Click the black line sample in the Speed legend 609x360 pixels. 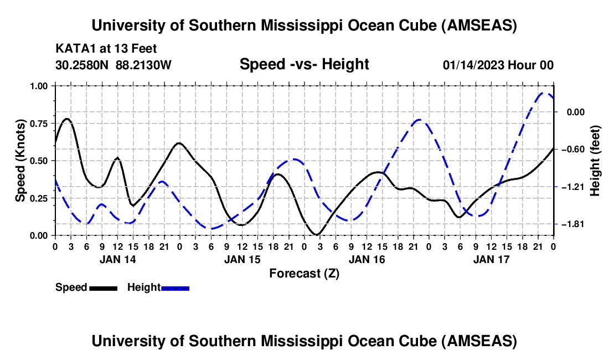(103, 288)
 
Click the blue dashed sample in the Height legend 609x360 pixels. (175, 288)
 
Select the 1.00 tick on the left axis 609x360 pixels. (40, 86)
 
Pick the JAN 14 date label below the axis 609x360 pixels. (117, 259)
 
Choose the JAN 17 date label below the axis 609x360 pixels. (491, 259)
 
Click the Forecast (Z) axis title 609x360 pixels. (304, 273)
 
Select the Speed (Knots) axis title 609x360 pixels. (20, 161)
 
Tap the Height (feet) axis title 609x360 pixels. (595, 161)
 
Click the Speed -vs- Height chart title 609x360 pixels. (304, 64)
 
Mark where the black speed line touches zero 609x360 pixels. (316, 235)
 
